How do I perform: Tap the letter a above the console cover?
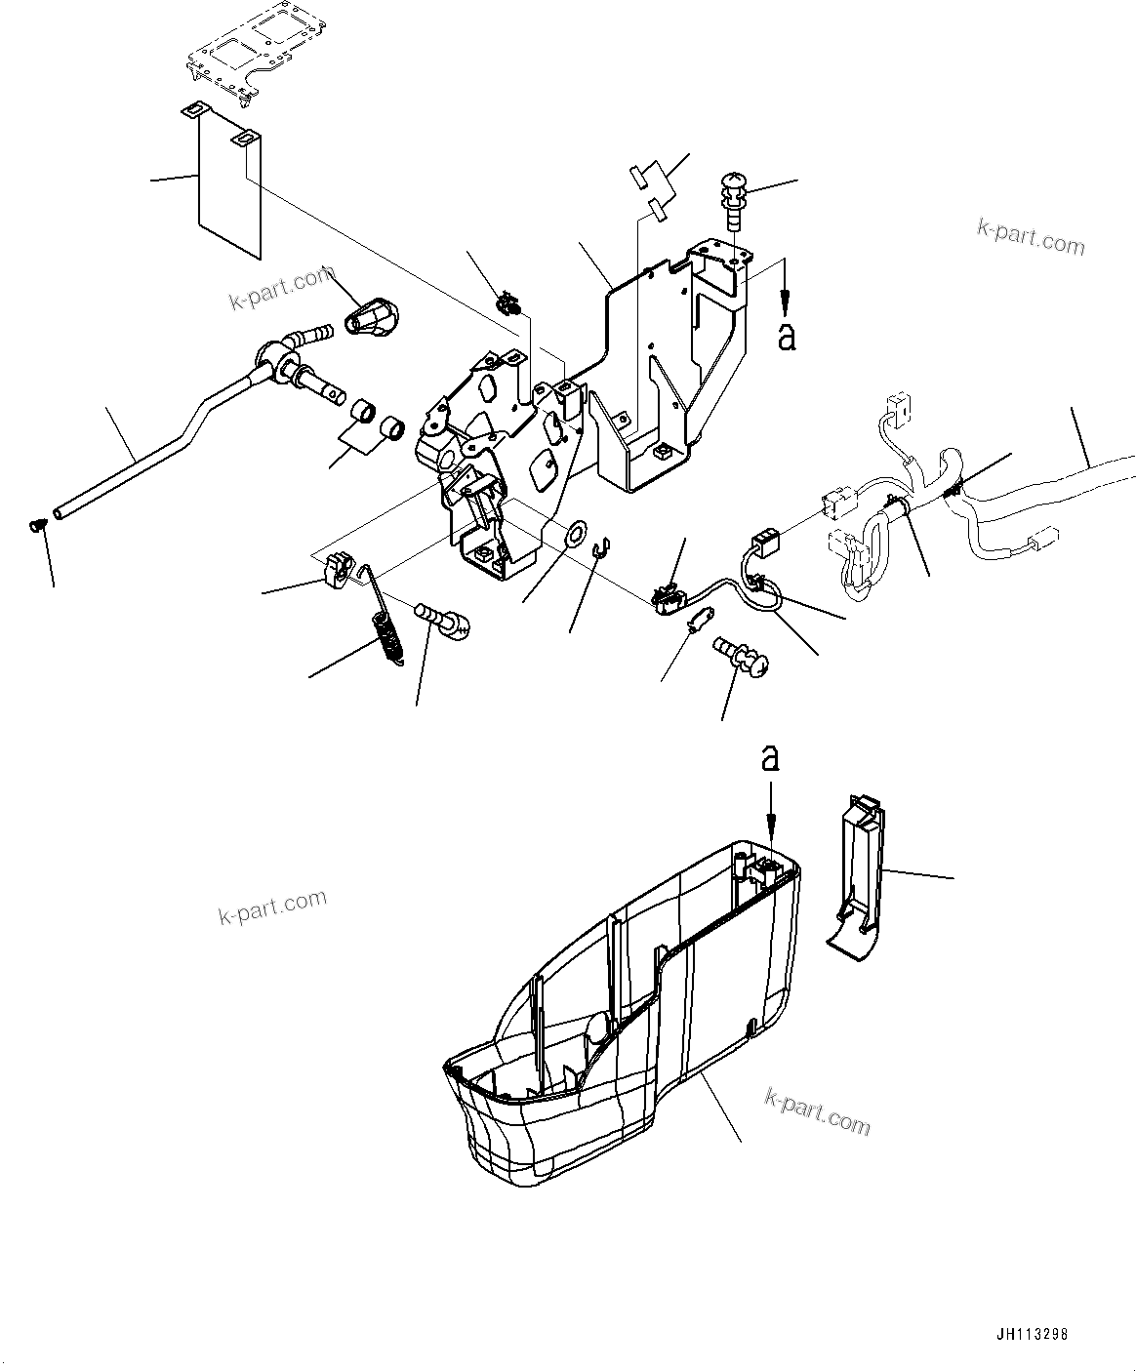(x=771, y=759)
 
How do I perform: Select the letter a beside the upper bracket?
(x=787, y=336)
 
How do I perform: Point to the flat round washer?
(x=577, y=533)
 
